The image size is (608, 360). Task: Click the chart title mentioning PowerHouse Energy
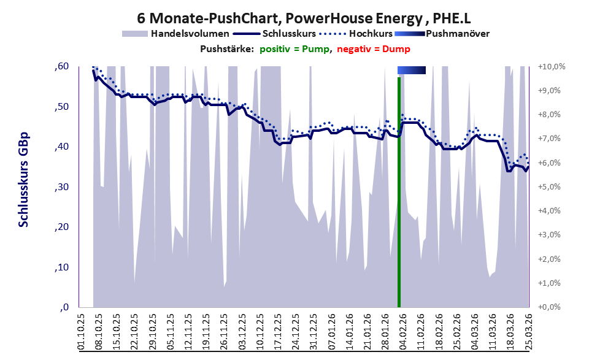coord(304,17)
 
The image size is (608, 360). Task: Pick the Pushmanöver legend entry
coord(457,33)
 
